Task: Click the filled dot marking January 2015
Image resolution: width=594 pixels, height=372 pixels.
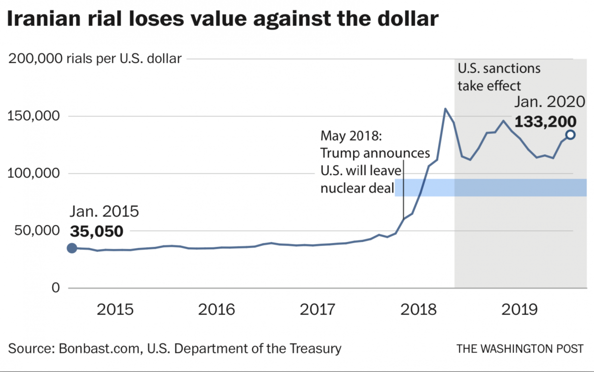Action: tap(72, 248)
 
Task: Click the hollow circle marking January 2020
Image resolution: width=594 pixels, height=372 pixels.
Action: tap(570, 135)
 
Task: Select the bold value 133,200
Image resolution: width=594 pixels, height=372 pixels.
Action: tap(545, 121)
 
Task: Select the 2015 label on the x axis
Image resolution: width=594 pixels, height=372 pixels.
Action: tap(115, 310)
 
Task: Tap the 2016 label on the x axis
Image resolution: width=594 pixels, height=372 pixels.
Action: tap(217, 310)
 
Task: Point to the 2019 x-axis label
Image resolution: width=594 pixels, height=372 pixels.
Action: tap(520, 310)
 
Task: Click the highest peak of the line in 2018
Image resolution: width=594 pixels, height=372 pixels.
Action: tap(445, 108)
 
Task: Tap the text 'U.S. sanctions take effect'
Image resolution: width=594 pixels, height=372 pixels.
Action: tap(498, 77)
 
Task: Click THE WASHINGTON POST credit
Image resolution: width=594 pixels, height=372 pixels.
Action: tap(520, 349)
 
